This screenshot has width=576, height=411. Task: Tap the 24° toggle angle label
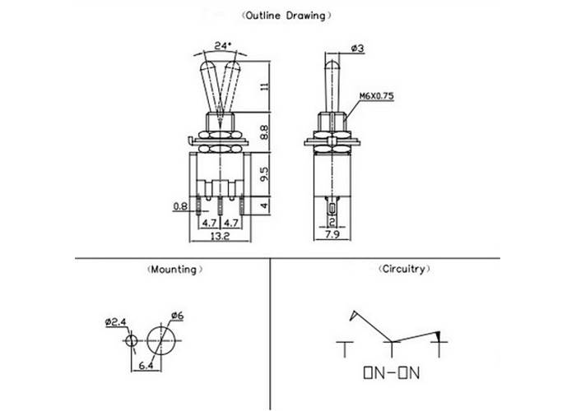click(x=220, y=47)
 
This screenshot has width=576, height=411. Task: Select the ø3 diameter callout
click(x=357, y=49)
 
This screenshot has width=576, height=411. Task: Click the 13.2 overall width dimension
click(x=220, y=236)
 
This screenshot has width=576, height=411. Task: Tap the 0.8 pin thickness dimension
click(x=179, y=206)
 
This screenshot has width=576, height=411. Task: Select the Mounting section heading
click(x=173, y=269)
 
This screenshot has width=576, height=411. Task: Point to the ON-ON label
click(x=391, y=374)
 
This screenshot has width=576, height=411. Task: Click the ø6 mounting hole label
click(x=177, y=316)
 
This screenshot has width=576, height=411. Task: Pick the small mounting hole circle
click(x=132, y=339)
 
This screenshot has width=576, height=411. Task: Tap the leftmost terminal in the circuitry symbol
click(x=341, y=347)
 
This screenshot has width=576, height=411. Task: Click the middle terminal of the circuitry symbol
click(x=392, y=347)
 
